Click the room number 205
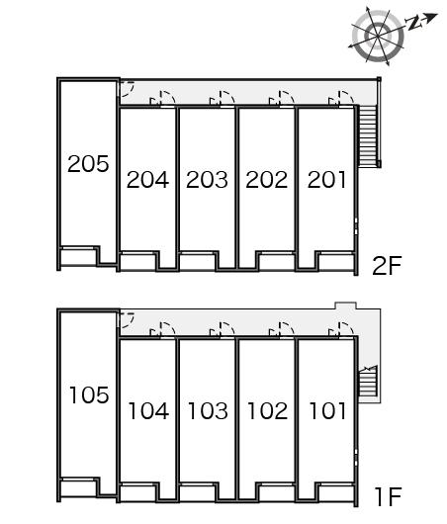88,164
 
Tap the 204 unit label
147,180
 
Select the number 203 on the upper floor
207,180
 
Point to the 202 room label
266,180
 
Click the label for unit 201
326,180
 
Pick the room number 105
89,395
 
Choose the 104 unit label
148,410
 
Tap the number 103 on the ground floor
208,410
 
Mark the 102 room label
267,410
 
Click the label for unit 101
327,410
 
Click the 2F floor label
387,265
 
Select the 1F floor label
388,497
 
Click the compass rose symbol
378,36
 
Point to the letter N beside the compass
413,24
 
